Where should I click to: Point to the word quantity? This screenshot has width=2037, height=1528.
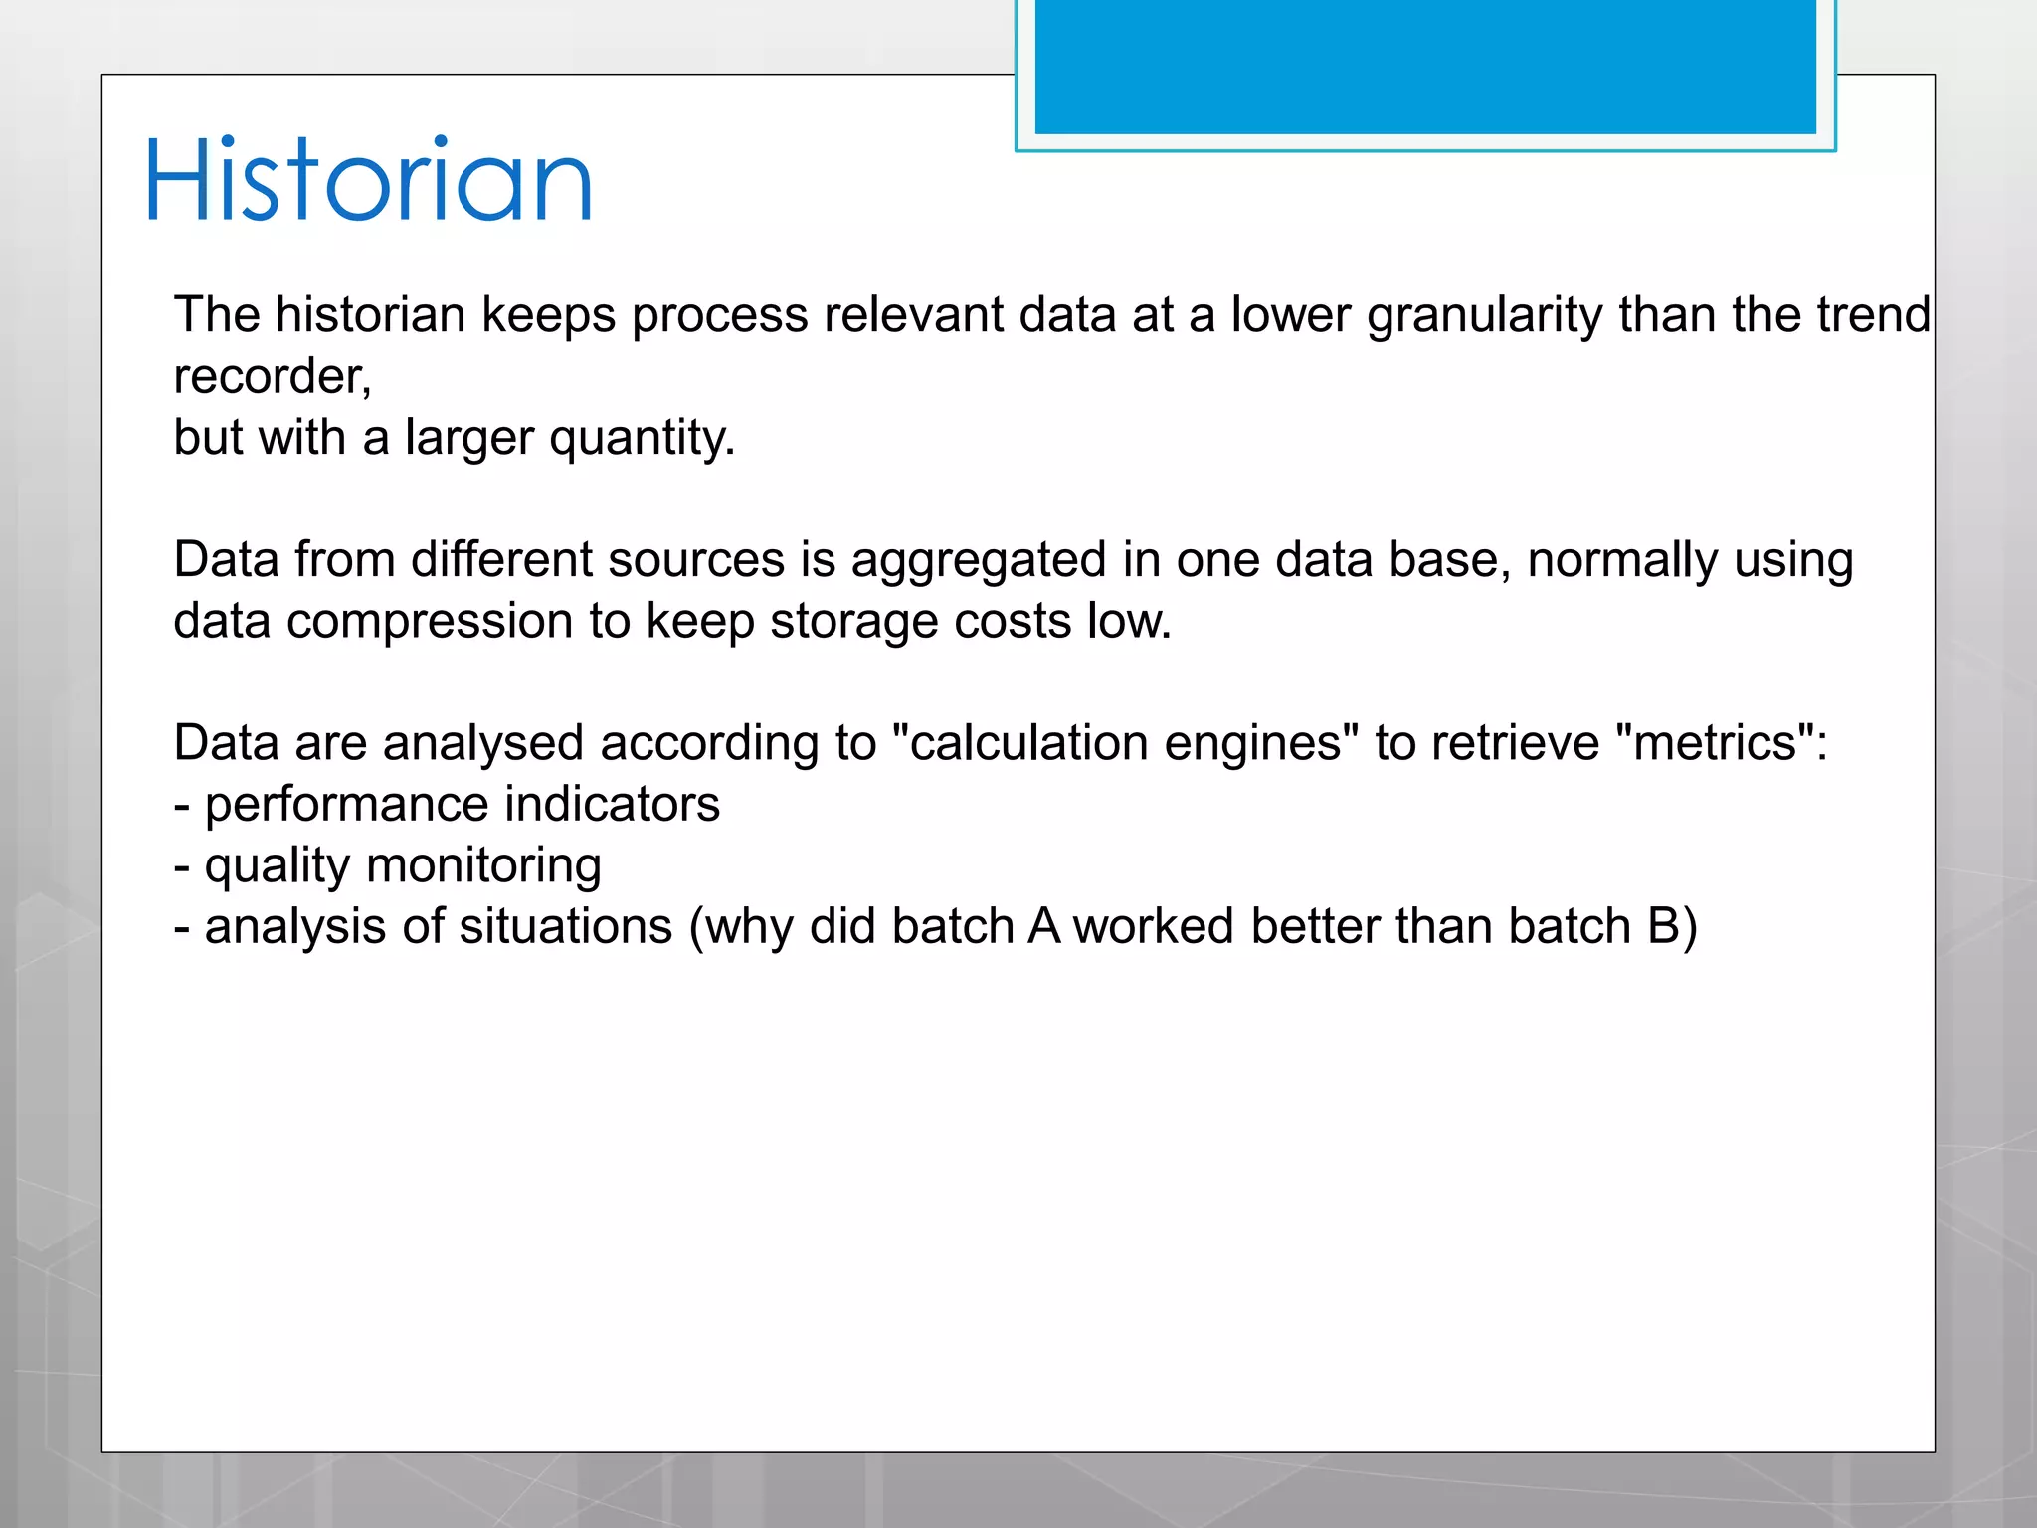pos(642,439)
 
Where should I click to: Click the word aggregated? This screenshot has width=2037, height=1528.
pos(978,560)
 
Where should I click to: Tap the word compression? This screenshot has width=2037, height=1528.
pos(429,622)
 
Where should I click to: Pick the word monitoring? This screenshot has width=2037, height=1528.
pos(483,866)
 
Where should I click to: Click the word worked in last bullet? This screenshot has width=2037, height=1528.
pos(1153,927)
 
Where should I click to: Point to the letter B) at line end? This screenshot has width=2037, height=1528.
pos(1672,927)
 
